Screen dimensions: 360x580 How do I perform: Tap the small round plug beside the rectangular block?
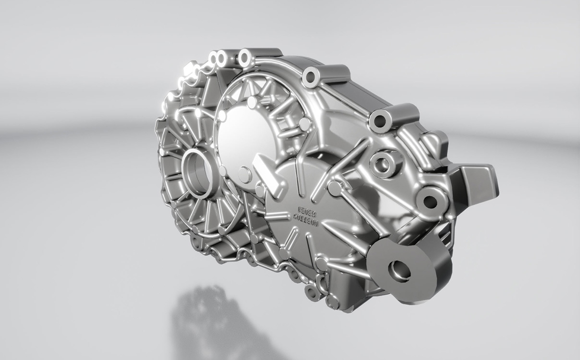click(x=245, y=174)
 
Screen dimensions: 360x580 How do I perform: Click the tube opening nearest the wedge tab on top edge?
click(x=380, y=121)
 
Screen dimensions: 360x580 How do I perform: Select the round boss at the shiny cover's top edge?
click(x=252, y=102)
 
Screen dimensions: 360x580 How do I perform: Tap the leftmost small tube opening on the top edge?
click(x=213, y=59)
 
